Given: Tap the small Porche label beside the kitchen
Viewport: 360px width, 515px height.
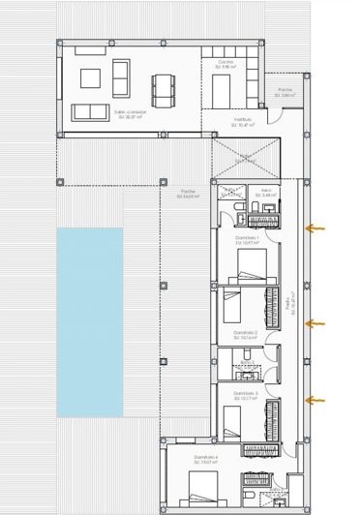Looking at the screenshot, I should coord(285,93).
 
